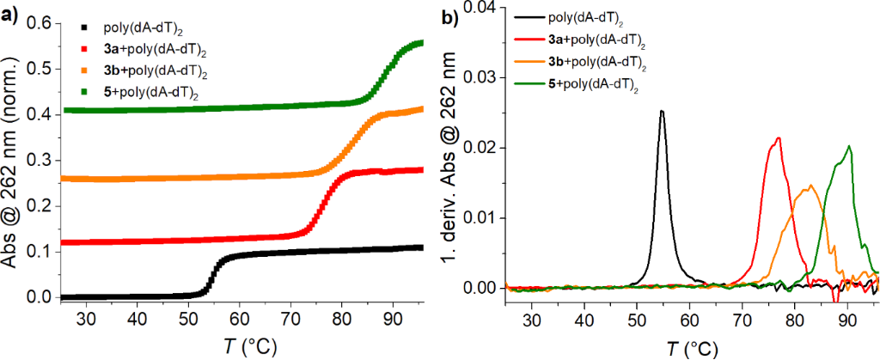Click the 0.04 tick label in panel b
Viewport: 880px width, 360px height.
click(x=482, y=8)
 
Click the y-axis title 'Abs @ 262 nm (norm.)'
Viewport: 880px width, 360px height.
click(x=12, y=163)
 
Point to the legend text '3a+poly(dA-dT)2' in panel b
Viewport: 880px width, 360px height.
click(x=596, y=39)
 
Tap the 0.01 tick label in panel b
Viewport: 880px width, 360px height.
click(x=482, y=217)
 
